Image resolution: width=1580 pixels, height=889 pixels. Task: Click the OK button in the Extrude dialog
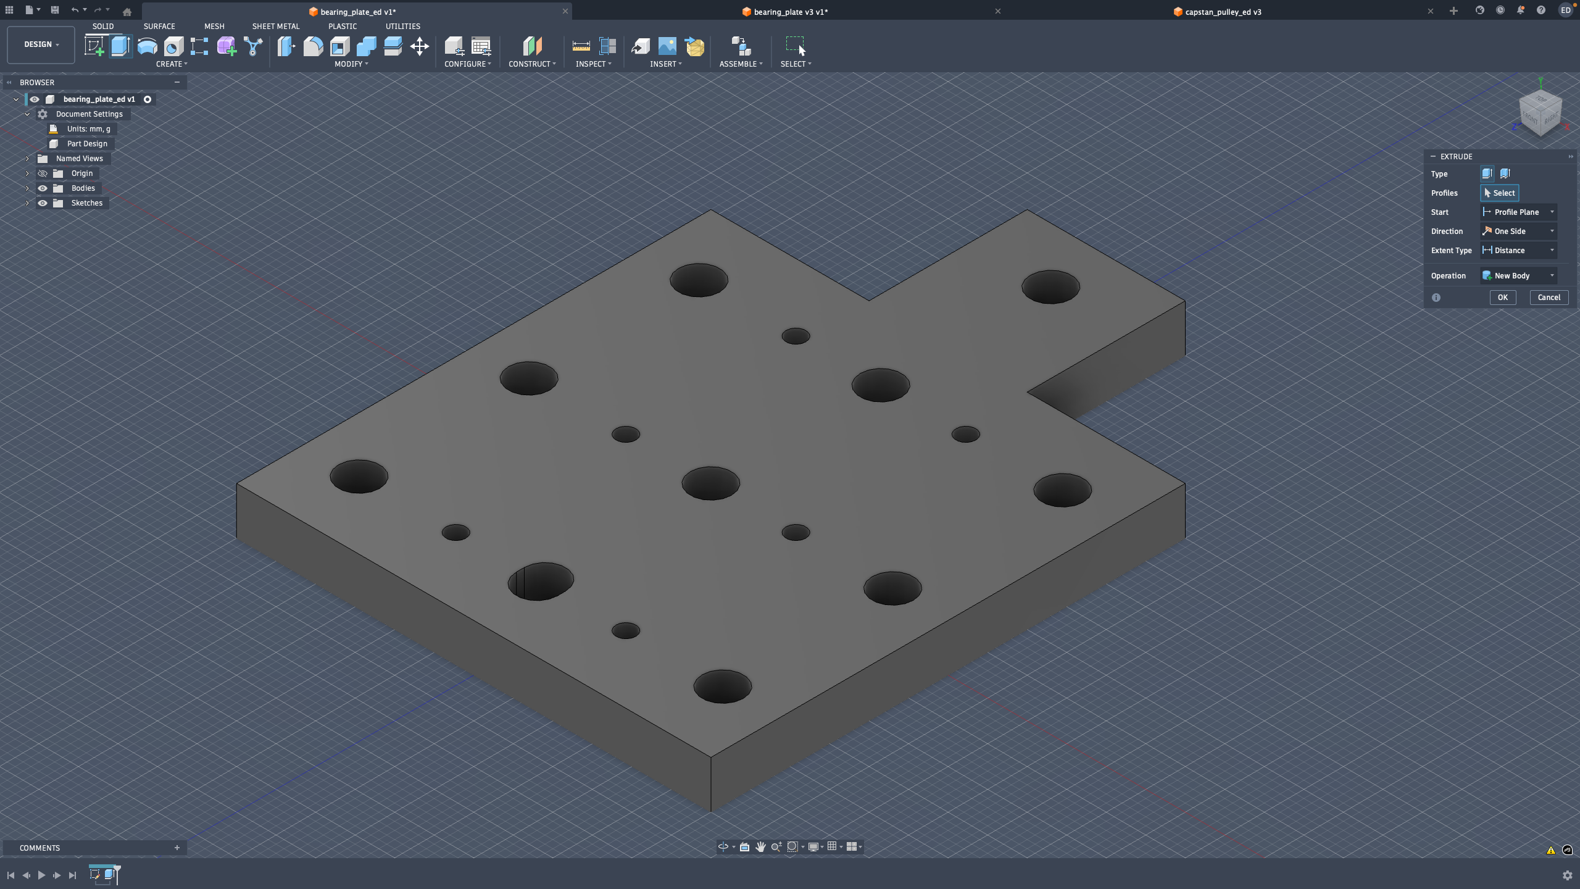pyautogui.click(x=1502, y=298)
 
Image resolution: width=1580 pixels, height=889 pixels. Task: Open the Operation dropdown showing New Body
pyautogui.click(x=1518, y=276)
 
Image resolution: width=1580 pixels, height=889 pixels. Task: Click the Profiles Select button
pyautogui.click(x=1499, y=193)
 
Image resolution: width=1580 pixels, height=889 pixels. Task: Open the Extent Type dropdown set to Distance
pyautogui.click(x=1518, y=251)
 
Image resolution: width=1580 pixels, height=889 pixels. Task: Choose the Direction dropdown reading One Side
pyautogui.click(x=1518, y=232)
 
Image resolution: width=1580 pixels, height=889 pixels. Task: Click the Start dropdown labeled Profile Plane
pyautogui.click(x=1518, y=212)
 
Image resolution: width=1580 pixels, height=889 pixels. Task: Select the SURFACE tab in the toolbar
pyautogui.click(x=159, y=27)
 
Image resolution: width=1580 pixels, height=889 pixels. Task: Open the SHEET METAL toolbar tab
pyautogui.click(x=275, y=27)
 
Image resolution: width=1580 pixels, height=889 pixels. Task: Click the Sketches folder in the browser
pyautogui.click(x=87, y=203)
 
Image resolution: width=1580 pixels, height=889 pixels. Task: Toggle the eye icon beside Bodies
pyautogui.click(x=43, y=188)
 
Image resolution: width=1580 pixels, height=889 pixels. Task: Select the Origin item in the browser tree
pyautogui.click(x=81, y=173)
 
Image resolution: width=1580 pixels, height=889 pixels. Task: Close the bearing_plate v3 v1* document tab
pyautogui.click(x=998, y=11)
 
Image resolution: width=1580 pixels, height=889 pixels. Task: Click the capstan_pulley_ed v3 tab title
pyautogui.click(x=1223, y=12)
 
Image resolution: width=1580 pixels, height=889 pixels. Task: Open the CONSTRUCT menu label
pyautogui.click(x=531, y=64)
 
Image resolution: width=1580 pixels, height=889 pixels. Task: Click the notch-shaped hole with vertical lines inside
pyautogui.click(x=541, y=581)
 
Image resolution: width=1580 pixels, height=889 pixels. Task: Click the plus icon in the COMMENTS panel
pyautogui.click(x=177, y=848)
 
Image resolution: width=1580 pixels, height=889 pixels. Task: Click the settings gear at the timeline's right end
pyautogui.click(x=1567, y=875)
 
